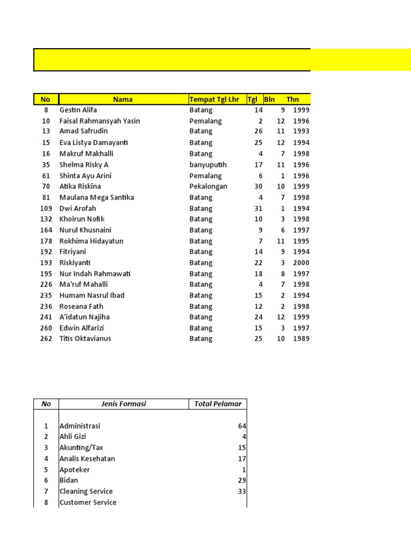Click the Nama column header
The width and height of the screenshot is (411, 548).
coord(123,99)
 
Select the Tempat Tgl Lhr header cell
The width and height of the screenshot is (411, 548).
coord(214,99)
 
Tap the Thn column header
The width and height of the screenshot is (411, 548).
coord(293,99)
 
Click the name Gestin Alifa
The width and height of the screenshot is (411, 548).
coord(78,110)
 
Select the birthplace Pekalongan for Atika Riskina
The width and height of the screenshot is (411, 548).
coord(208,187)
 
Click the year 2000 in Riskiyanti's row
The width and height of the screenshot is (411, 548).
coord(301,263)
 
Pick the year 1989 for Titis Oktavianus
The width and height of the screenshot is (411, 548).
coord(301,339)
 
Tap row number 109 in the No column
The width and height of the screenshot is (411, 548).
coord(46,209)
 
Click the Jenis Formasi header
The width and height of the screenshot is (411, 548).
coord(124,404)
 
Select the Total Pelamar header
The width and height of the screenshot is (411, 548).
coord(218,404)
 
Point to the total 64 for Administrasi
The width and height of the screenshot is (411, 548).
coord(242,426)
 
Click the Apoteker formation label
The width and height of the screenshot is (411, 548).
coord(75,470)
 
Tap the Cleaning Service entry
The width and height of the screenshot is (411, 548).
coord(86,491)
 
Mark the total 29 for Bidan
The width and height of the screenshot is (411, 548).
coord(242,481)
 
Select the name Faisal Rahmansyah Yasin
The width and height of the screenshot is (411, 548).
coord(100,121)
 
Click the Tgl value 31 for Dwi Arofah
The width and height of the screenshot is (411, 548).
coord(258,209)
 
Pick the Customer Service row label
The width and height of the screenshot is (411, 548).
coord(88,503)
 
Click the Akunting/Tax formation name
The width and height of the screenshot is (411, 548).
coord(82,448)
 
